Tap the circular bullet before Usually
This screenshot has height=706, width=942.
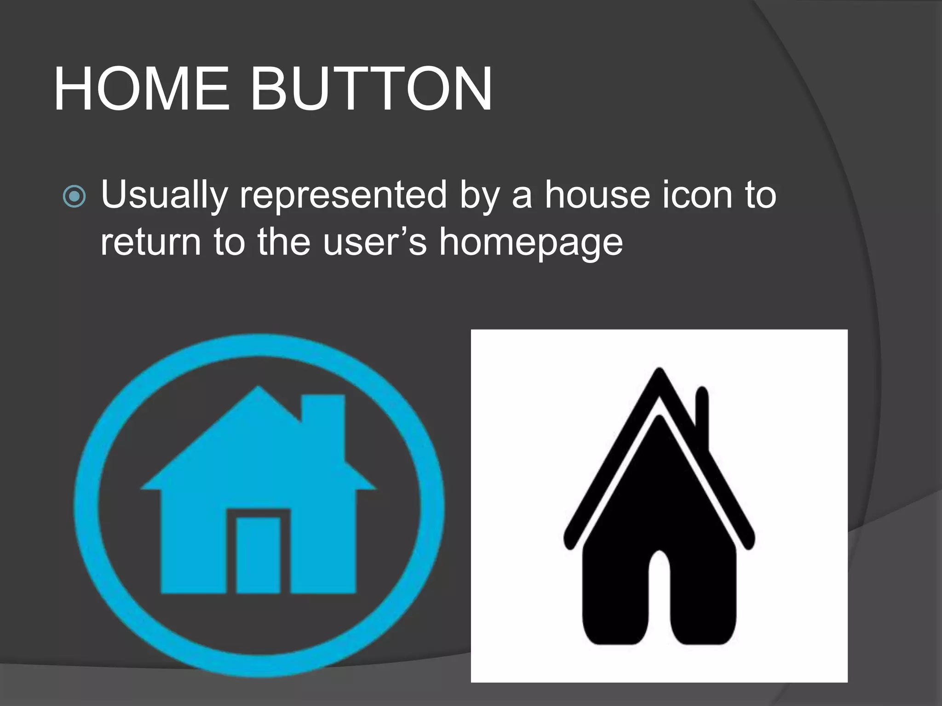[x=74, y=197]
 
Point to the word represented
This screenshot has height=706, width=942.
[x=343, y=195]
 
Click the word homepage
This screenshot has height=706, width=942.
[x=531, y=242]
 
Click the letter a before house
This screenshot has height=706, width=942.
[x=522, y=195]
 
